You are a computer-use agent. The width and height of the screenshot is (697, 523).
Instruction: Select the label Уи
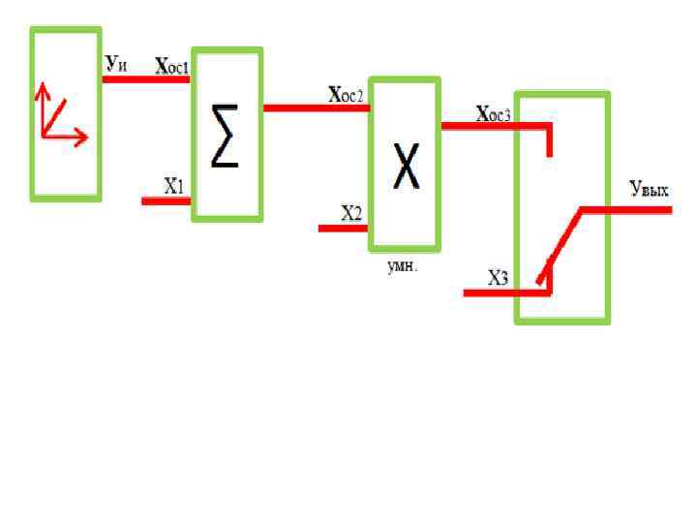pyautogui.click(x=116, y=64)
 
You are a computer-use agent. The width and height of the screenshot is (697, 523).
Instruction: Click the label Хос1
pyautogui.click(x=172, y=66)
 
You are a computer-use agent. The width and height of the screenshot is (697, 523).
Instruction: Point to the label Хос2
pyautogui.click(x=346, y=94)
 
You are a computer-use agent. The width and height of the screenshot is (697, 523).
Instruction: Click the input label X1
pyautogui.click(x=174, y=187)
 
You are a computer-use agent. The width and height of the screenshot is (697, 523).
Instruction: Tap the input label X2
pyautogui.click(x=350, y=214)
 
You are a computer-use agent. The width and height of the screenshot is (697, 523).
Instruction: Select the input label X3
pyautogui.click(x=498, y=279)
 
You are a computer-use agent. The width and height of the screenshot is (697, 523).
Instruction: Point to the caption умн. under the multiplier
pyautogui.click(x=403, y=266)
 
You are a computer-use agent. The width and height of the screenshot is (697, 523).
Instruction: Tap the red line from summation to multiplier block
pyautogui.click(x=316, y=108)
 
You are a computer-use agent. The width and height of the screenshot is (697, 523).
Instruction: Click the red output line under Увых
pyautogui.click(x=639, y=208)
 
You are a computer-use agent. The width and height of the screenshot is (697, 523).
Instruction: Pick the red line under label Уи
pyautogui.click(x=145, y=78)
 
